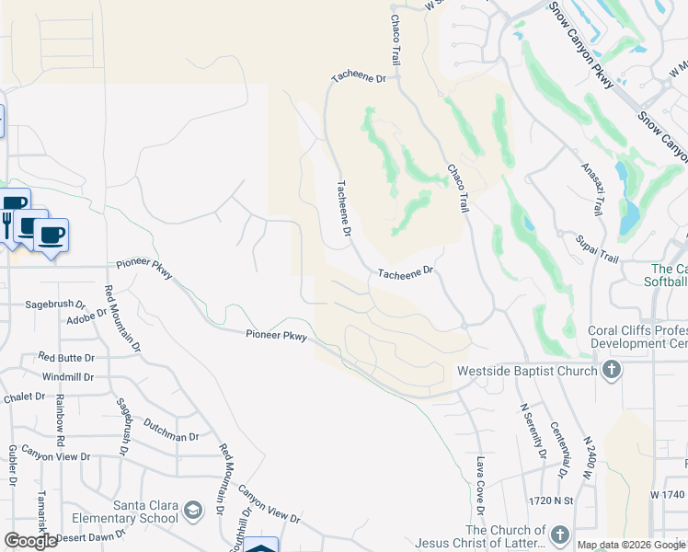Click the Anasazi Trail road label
point(592,189)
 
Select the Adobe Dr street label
point(87,320)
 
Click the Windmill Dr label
point(68,377)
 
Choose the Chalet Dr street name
point(25,397)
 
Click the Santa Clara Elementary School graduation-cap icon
point(192,510)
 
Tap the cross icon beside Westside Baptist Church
point(610,372)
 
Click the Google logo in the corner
point(30,541)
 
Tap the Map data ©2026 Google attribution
point(631,545)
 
